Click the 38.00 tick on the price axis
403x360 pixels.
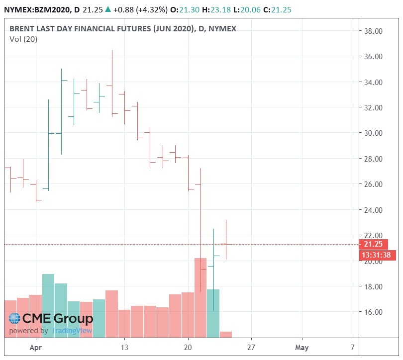pos(373,31)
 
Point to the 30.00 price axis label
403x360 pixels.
pos(373,133)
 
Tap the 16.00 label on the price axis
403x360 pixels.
pos(373,312)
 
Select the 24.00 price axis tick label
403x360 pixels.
pos(373,210)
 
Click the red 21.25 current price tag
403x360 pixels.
pos(373,244)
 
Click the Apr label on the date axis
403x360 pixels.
pos(36,348)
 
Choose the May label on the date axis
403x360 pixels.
pos(302,348)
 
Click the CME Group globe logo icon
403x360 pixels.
pos(15,319)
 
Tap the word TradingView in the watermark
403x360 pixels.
pos(72,331)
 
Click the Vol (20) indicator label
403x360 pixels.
pos(20,40)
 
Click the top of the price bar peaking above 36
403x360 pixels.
pos(112,51)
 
